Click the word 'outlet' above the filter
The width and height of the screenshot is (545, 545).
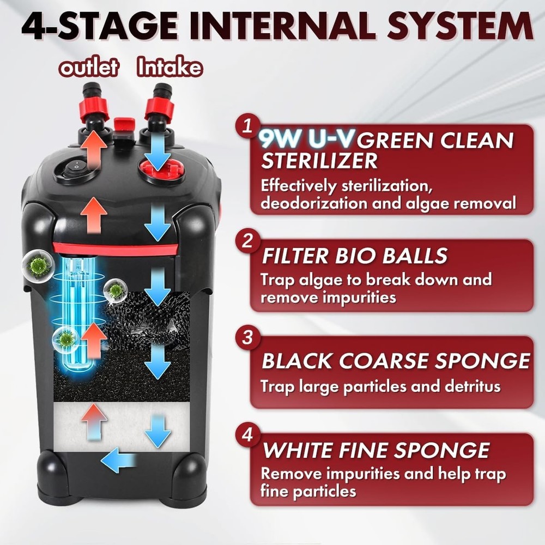pos(88,68)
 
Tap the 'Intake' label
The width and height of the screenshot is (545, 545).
pos(170,68)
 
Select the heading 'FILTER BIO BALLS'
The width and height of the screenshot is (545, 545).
pos(354,256)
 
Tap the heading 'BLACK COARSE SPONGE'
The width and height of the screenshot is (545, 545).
pos(396,361)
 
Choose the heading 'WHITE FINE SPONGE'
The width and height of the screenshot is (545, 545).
pos(376,450)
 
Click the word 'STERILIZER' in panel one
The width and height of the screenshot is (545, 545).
pos(319,161)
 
